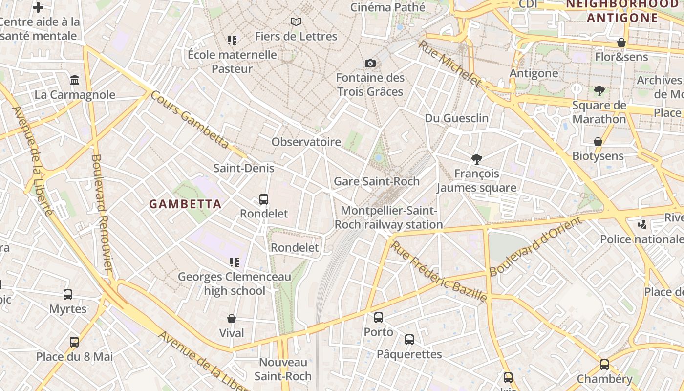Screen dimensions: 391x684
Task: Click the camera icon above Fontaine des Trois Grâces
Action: click(x=370, y=63)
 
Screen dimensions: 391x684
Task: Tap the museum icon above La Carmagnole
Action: click(x=75, y=80)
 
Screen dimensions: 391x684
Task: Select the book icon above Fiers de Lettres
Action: click(x=296, y=22)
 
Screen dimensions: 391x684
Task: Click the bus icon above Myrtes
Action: click(x=68, y=295)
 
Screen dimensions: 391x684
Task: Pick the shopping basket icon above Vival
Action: click(x=232, y=319)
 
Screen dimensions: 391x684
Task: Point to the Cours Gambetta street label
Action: click(x=190, y=119)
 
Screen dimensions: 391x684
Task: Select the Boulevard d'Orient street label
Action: click(x=536, y=246)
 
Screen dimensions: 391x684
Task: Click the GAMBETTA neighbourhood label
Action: click(x=185, y=204)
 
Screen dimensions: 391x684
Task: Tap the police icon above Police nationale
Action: click(x=642, y=225)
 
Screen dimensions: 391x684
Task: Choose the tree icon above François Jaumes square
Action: click(x=476, y=159)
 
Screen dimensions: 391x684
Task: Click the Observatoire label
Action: click(x=306, y=142)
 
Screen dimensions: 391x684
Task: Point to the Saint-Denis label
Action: click(x=244, y=168)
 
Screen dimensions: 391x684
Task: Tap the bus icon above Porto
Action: click(x=379, y=318)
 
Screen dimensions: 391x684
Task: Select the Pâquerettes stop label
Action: click(x=409, y=354)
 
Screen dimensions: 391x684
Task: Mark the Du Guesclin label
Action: click(x=456, y=118)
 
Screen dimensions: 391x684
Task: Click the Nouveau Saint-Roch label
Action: click(x=283, y=369)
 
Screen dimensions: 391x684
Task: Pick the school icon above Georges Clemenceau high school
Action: click(x=235, y=262)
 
